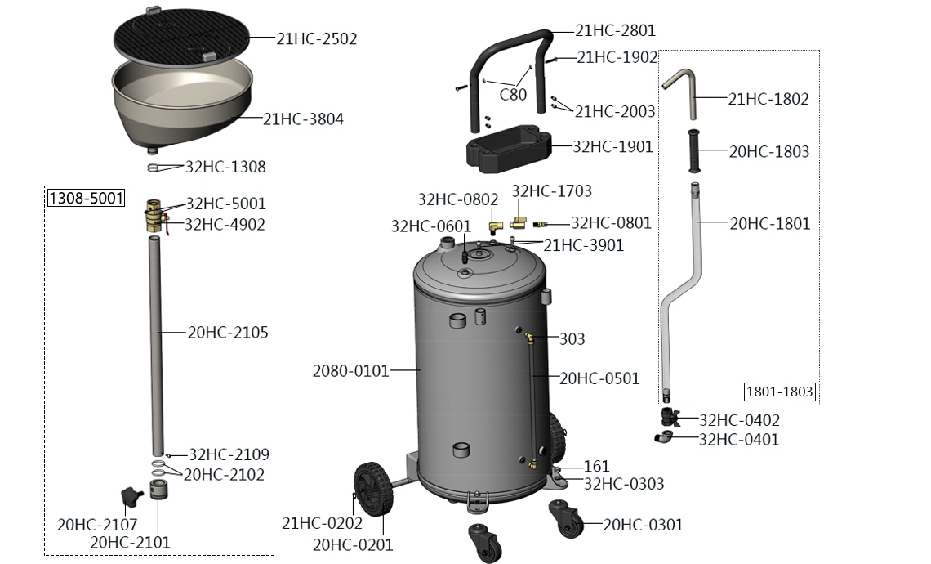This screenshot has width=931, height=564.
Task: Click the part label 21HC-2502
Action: pyautogui.click(x=317, y=38)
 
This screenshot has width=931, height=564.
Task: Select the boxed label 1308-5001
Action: pyautogui.click(x=86, y=198)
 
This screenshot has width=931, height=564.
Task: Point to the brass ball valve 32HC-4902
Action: pyautogui.click(x=154, y=217)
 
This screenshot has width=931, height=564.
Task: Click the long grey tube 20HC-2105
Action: pyautogui.click(x=156, y=346)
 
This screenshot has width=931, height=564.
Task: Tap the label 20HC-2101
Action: pyautogui.click(x=130, y=542)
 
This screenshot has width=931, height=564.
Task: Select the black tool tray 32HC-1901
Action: pyautogui.click(x=508, y=149)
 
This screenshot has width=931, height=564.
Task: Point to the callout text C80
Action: pyautogui.click(x=513, y=95)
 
